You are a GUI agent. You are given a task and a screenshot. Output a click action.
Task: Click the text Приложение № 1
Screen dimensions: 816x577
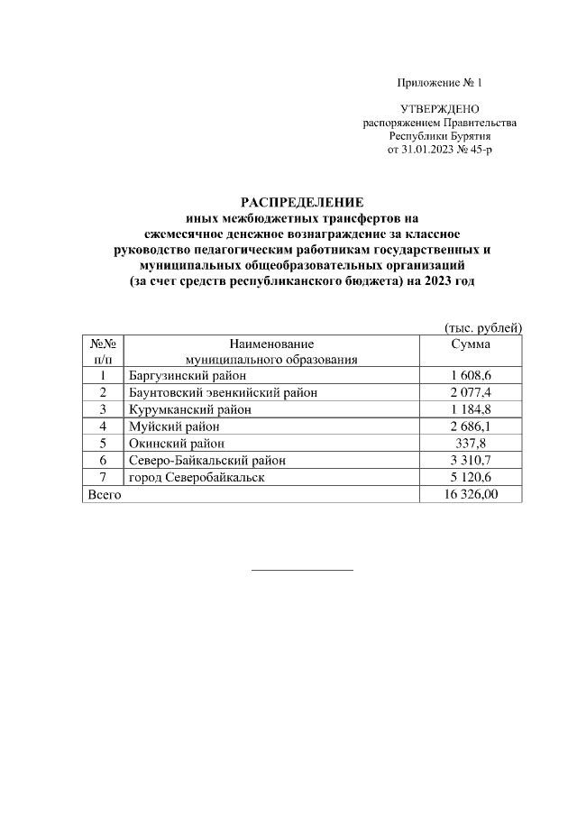point(440,84)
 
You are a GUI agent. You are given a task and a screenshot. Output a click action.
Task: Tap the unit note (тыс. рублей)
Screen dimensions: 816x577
point(483,328)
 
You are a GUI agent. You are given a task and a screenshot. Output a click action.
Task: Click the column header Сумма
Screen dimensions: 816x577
point(471,344)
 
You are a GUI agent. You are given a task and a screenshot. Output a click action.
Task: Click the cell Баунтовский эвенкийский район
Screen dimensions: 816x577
point(223,392)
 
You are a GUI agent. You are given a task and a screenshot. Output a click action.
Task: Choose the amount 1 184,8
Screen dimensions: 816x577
point(471,408)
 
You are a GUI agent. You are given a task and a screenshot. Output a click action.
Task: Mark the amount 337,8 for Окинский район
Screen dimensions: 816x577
point(471,443)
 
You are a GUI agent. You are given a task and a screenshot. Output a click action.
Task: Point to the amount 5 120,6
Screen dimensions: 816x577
point(471,477)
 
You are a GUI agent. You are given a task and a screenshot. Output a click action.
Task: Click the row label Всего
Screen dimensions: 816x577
point(102,494)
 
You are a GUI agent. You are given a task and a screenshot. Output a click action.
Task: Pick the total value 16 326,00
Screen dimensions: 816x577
point(471,494)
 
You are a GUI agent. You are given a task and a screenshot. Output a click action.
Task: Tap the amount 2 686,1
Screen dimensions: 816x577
point(471,426)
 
